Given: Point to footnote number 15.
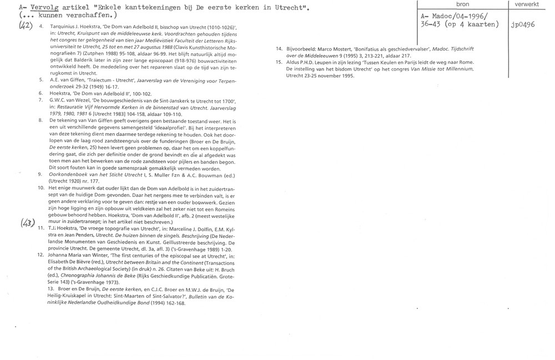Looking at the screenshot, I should click(279, 62).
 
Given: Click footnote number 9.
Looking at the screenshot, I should click(41, 174).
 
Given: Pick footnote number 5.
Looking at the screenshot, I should click(41, 80).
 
